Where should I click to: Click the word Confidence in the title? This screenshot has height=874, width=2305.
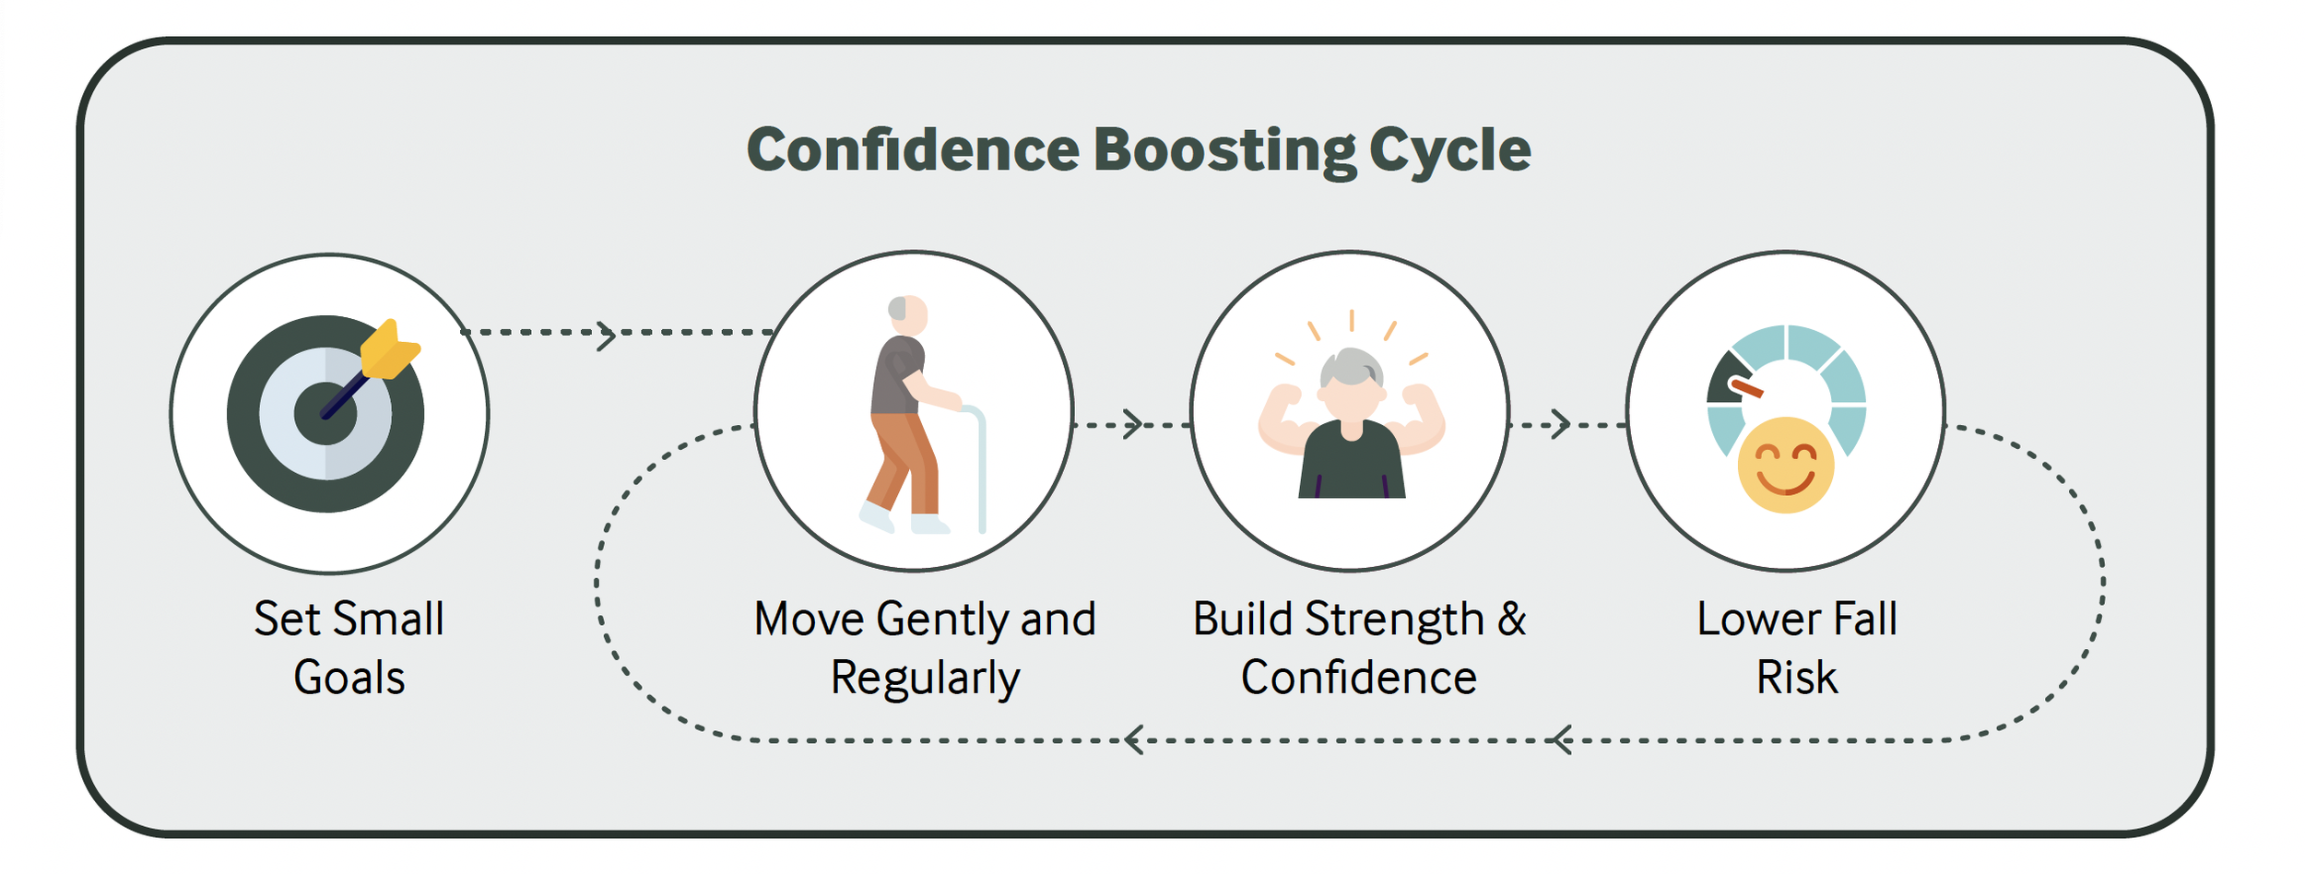point(912,150)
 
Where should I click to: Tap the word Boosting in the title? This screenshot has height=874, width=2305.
point(1224,150)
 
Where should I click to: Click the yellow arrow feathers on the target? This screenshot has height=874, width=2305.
point(390,350)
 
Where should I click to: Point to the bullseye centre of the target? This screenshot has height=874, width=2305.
point(325,414)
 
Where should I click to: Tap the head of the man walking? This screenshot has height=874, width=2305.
point(908,314)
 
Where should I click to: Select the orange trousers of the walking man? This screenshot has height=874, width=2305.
point(904,461)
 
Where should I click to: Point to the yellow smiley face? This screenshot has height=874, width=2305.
point(1785,466)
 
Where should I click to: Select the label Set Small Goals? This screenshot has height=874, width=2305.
point(349,648)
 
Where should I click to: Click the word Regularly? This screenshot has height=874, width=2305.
point(925,679)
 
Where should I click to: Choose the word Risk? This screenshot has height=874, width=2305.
point(1796,679)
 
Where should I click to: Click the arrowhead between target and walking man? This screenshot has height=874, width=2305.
point(606,336)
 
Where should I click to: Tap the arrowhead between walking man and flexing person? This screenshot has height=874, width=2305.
point(1133,424)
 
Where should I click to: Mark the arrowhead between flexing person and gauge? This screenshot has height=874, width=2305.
point(1560,424)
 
